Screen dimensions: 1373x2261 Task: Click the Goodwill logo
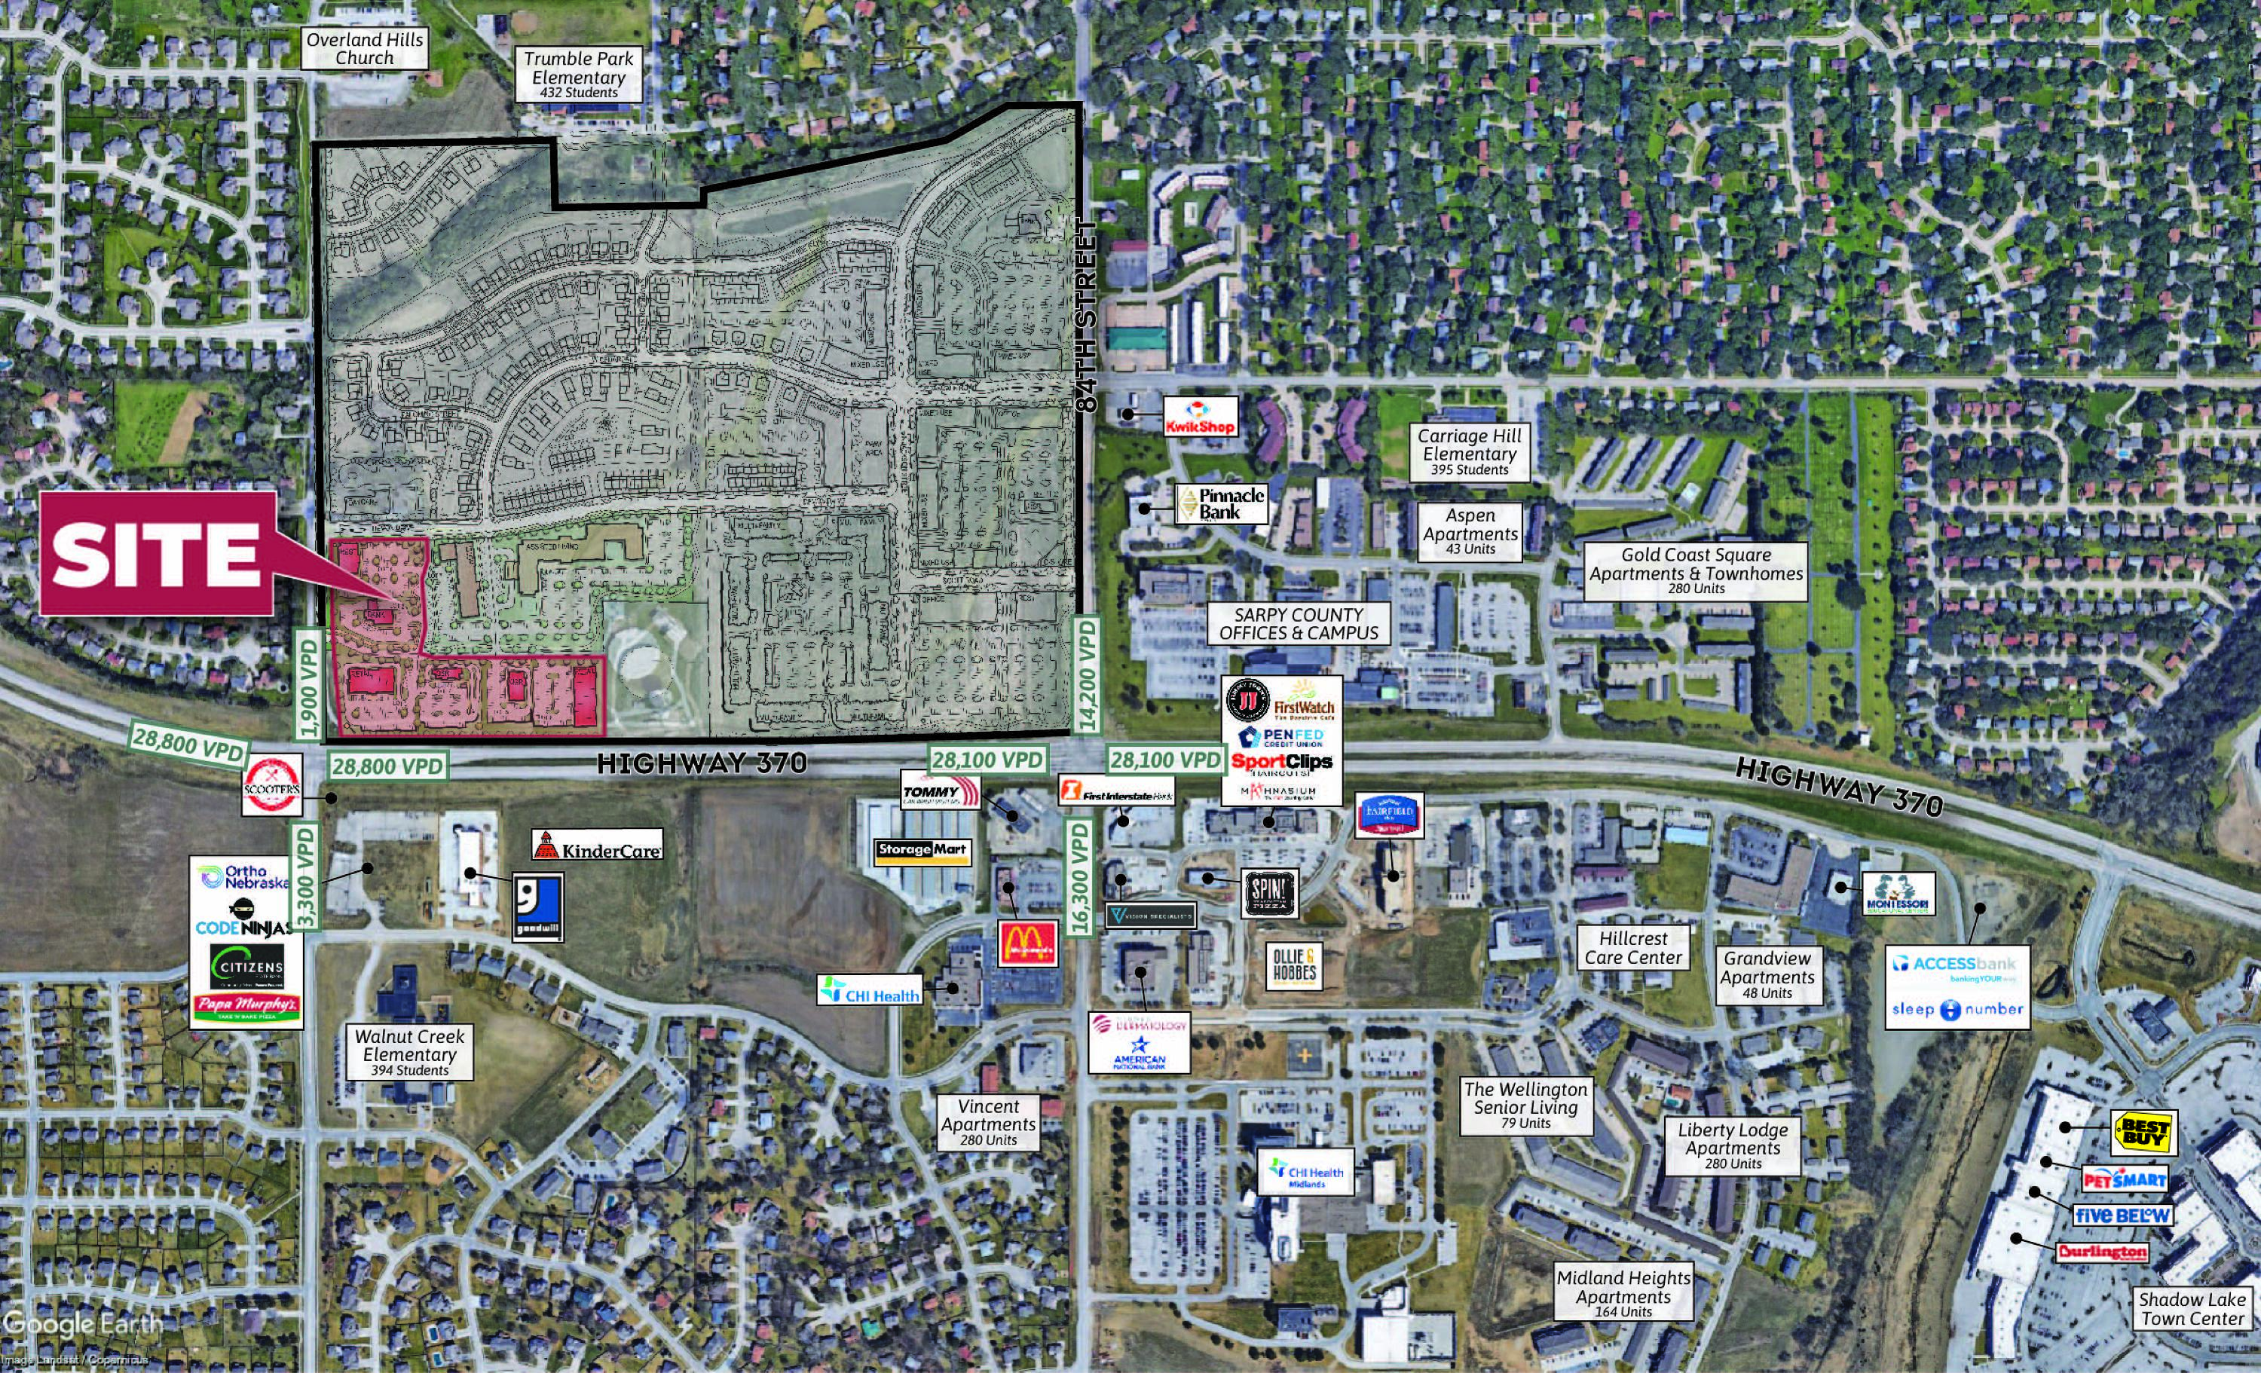537,907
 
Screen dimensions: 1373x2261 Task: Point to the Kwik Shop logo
1201,417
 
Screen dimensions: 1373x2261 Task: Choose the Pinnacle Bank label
1222,504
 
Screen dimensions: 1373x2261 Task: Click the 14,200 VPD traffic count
1087,674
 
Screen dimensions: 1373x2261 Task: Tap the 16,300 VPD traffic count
1079,877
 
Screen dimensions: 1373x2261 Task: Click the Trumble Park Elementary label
578,73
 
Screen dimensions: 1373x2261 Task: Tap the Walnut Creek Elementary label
409,1051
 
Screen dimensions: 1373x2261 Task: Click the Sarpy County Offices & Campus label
1298,624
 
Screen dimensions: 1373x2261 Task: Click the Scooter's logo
271,784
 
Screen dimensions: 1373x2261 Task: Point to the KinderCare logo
598,846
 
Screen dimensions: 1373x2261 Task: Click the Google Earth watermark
83,1323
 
